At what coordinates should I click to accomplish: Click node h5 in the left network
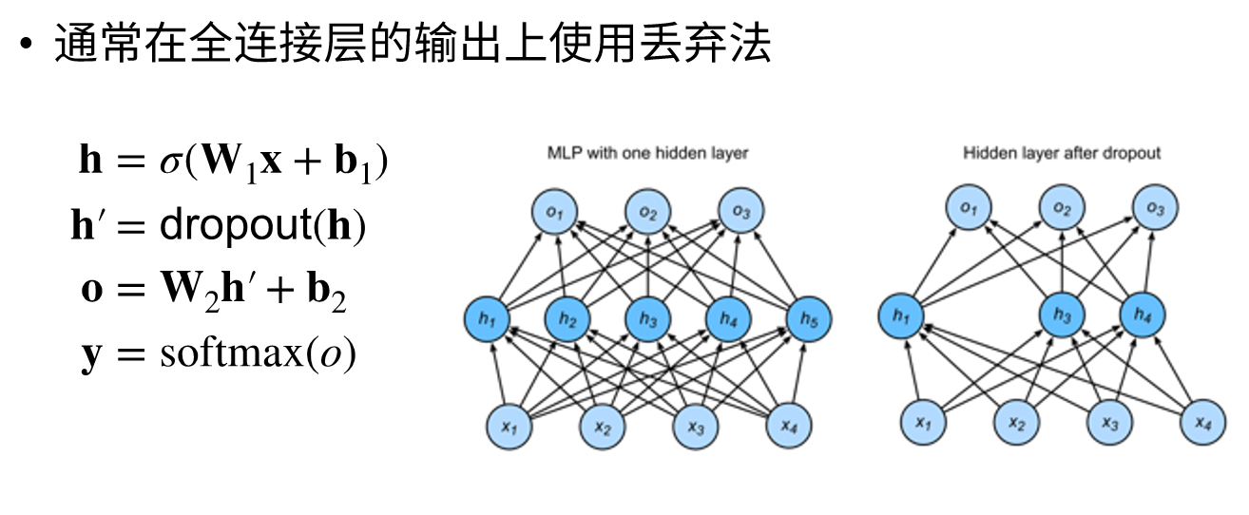pyautogui.click(x=809, y=319)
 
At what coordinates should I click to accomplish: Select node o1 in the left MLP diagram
pyautogui.click(x=554, y=212)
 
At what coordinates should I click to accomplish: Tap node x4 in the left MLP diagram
pyautogui.click(x=788, y=427)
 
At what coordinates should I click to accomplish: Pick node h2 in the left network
pyautogui.click(x=567, y=319)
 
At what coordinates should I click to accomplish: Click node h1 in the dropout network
pyautogui.click(x=901, y=316)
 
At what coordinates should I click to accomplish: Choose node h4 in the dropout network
pyautogui.click(x=1143, y=315)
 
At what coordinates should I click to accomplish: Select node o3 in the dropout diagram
pyautogui.click(x=1155, y=208)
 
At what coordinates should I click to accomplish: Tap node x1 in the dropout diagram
pyautogui.click(x=923, y=423)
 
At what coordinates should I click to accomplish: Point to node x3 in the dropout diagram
pyautogui.click(x=1109, y=423)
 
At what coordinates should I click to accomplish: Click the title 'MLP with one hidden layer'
pyautogui.click(x=647, y=153)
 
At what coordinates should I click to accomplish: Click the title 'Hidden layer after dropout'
pyautogui.click(x=1062, y=153)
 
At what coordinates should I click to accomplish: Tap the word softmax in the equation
pyautogui.click(x=231, y=353)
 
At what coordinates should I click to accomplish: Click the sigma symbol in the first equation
pyautogui.click(x=170, y=162)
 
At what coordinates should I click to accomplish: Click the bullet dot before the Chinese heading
pyautogui.click(x=26, y=43)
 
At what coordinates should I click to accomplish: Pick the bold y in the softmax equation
pyautogui.click(x=92, y=356)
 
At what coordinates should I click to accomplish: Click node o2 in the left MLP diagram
pyautogui.click(x=647, y=212)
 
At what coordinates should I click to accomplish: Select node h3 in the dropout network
pyautogui.click(x=1062, y=315)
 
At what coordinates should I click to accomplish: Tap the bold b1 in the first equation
pyautogui.click(x=353, y=162)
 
